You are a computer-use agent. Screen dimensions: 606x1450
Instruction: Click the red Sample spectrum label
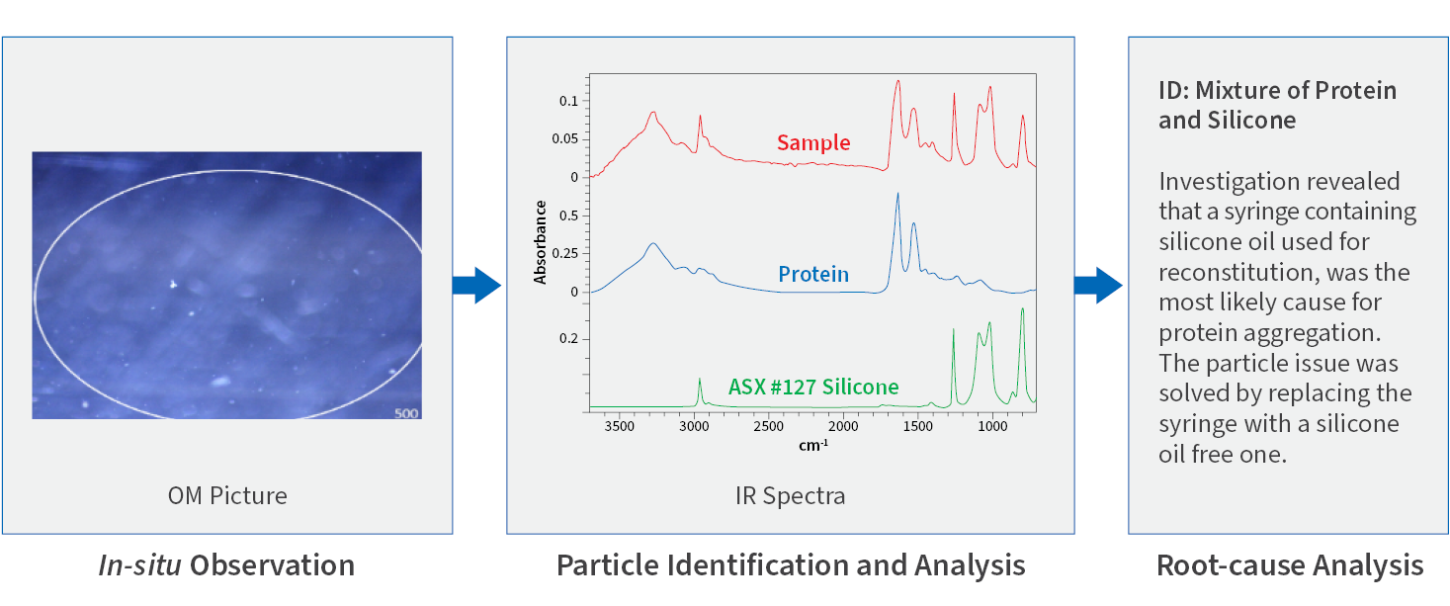pos(812,142)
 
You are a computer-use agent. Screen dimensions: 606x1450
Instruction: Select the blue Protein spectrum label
pos(812,274)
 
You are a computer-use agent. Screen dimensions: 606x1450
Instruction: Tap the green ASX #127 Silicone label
pos(813,387)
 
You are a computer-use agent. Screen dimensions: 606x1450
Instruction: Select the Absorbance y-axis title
pos(541,241)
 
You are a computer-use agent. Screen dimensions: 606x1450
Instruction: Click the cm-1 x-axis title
pos(812,446)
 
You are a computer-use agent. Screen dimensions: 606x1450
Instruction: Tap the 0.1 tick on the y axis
pos(567,101)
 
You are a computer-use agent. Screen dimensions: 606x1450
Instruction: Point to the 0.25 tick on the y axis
pos(563,253)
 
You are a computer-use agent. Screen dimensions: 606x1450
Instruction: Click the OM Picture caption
pos(227,495)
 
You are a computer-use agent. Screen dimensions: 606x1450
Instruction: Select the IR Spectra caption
pos(790,495)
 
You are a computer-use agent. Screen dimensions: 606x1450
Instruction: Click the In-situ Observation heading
pos(226,565)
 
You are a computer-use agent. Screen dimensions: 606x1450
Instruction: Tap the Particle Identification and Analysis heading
pos(791,565)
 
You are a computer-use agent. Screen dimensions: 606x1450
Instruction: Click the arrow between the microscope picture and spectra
pos(477,285)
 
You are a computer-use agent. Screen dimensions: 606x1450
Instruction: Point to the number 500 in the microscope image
pos(406,412)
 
